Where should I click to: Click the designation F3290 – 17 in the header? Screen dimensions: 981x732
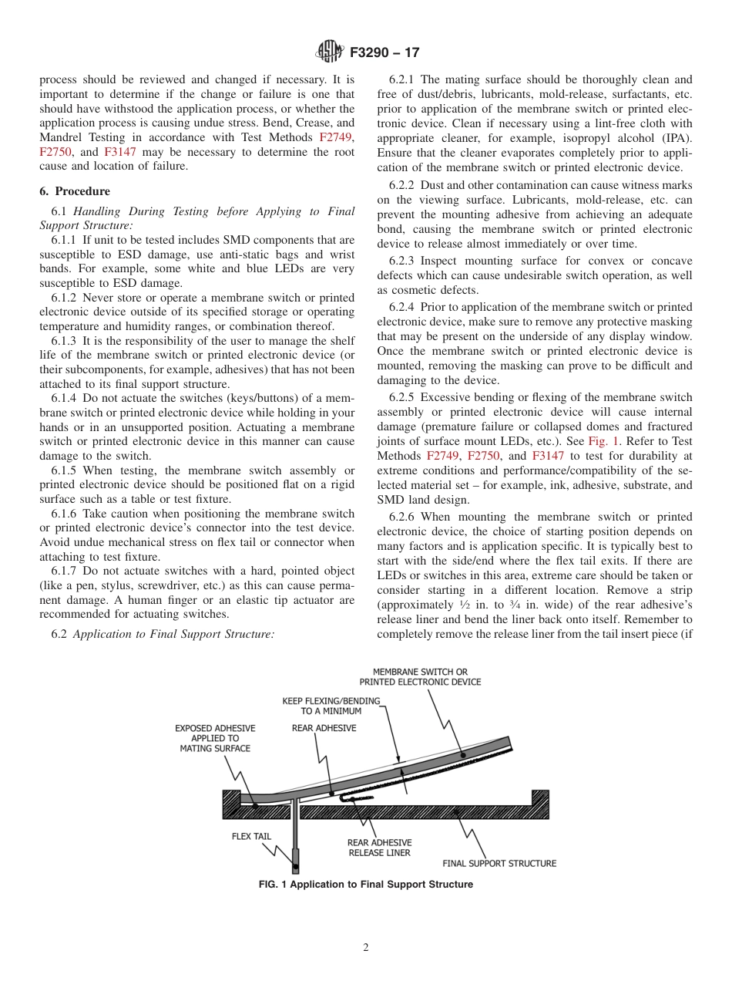(x=384, y=53)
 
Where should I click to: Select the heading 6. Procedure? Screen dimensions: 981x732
(x=75, y=191)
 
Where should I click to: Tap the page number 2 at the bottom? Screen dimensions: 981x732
(x=366, y=948)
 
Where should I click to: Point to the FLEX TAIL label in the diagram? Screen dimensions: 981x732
(x=252, y=837)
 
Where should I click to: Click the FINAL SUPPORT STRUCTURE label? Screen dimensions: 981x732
(x=499, y=863)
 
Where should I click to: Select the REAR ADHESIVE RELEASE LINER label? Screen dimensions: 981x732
(x=379, y=848)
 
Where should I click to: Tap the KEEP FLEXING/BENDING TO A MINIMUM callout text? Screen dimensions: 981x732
(x=331, y=706)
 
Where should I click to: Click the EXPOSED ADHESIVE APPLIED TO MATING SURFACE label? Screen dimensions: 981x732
(x=215, y=738)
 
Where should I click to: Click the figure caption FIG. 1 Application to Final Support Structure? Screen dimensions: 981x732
(x=366, y=885)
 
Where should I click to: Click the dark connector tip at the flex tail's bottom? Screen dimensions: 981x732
(x=295, y=858)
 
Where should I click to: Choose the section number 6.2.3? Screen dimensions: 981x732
(x=405, y=261)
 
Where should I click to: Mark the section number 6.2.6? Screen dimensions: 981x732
(x=405, y=517)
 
